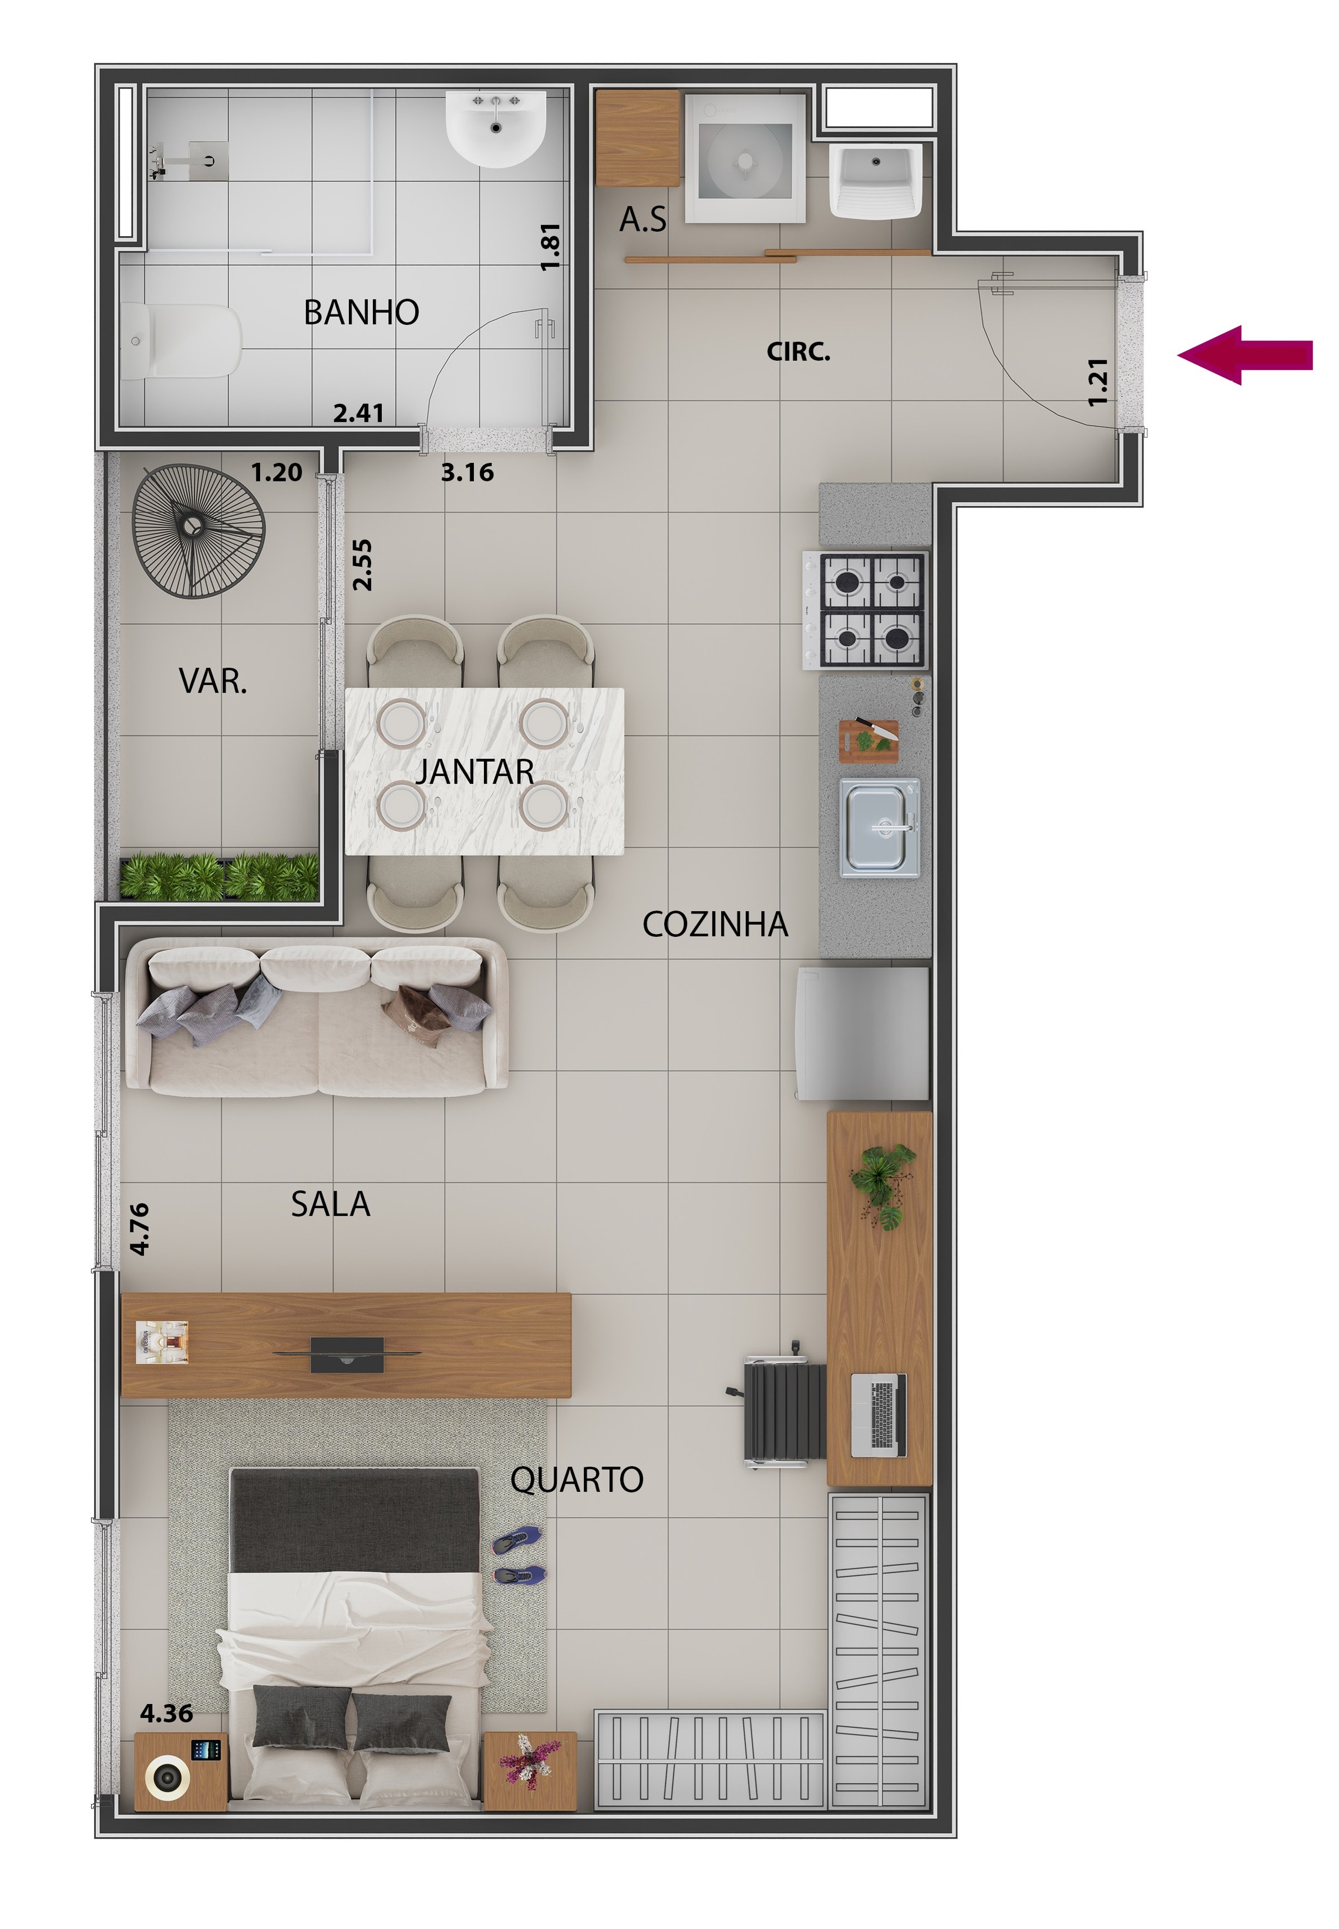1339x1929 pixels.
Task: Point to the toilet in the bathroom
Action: point(180,341)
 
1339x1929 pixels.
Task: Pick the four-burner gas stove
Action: point(866,610)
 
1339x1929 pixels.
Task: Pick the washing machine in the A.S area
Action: point(745,159)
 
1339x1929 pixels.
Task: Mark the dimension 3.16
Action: point(467,472)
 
